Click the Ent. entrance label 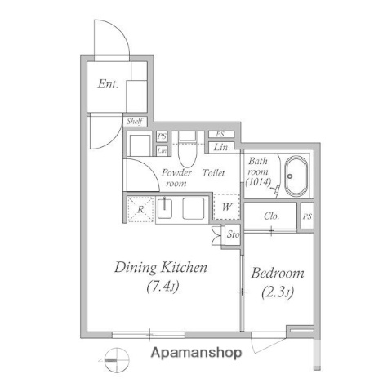pyautogui.click(x=108, y=83)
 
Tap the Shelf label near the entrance pyautogui.click(x=135, y=122)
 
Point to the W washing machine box pyautogui.click(x=226, y=207)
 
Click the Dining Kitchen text pyautogui.click(x=160, y=268)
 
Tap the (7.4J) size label pyautogui.click(x=162, y=287)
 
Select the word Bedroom pyautogui.click(x=277, y=274)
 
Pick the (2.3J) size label pyautogui.click(x=277, y=292)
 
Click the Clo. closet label pyautogui.click(x=273, y=216)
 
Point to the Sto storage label pyautogui.click(x=232, y=235)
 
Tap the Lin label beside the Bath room pyautogui.click(x=220, y=148)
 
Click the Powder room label pyautogui.click(x=176, y=178)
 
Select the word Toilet pyautogui.click(x=214, y=173)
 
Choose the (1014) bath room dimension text pyautogui.click(x=259, y=184)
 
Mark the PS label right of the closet pyautogui.click(x=306, y=216)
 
